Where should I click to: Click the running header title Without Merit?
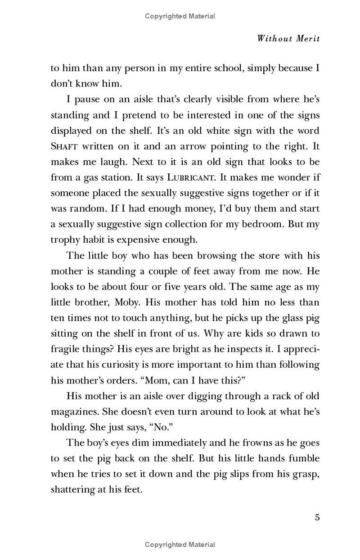(288, 38)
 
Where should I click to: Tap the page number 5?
(317, 517)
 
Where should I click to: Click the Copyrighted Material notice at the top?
(180, 16)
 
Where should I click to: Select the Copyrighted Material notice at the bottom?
(180, 545)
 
